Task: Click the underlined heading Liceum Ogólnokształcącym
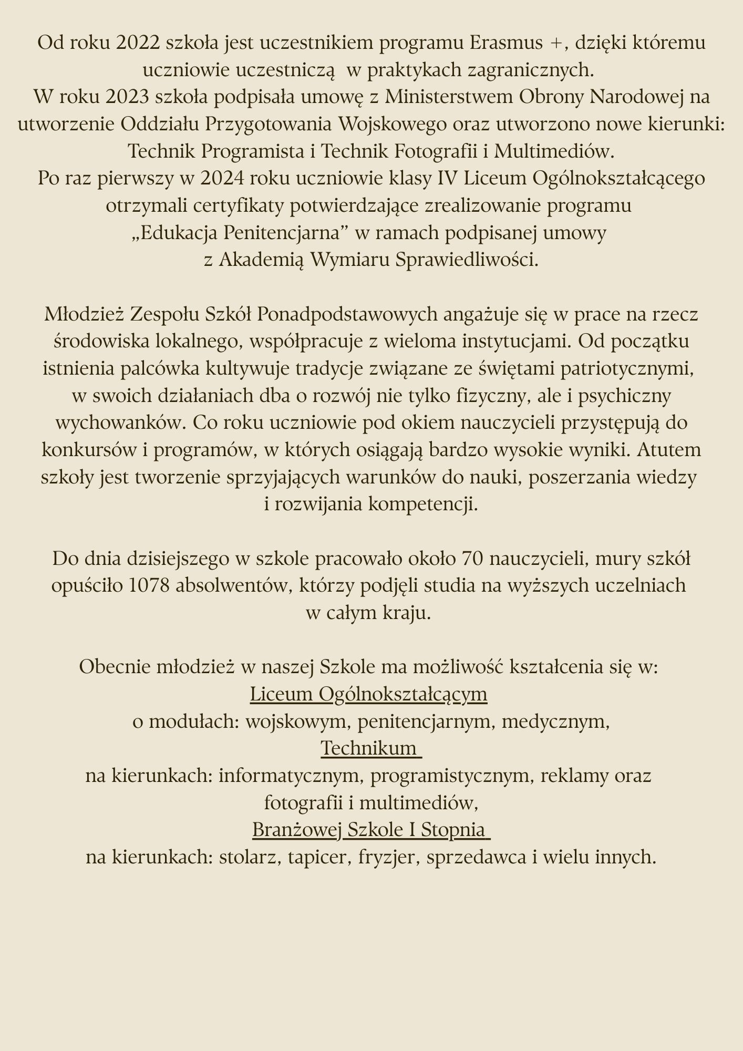368,694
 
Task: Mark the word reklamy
564,775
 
